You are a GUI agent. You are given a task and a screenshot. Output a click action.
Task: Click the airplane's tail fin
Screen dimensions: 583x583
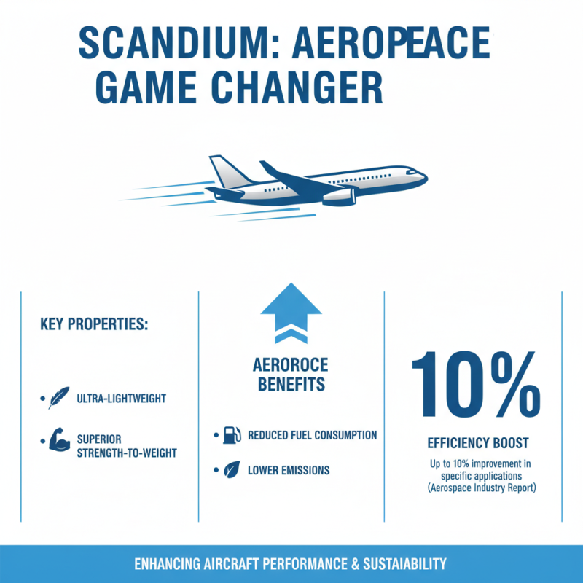[222, 171]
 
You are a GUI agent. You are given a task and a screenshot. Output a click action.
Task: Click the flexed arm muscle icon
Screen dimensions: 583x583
[58, 442]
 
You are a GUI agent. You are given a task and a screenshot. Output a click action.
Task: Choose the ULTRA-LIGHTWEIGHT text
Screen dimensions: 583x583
[121, 399]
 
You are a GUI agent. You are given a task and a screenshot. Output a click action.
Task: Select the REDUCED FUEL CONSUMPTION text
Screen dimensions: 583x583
[312, 436]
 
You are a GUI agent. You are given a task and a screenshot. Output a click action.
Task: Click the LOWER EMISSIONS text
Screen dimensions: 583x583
[289, 470]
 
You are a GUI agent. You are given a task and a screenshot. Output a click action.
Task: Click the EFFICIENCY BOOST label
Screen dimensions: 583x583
[477, 443]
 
